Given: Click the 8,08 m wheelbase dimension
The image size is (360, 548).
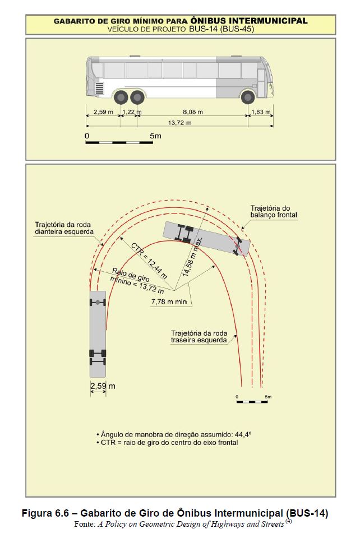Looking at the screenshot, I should (193, 112).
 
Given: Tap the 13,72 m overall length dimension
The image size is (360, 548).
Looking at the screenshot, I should (179, 123).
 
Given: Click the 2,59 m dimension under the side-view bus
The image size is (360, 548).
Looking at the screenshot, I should (103, 112).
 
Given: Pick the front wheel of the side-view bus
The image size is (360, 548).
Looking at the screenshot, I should (248, 97).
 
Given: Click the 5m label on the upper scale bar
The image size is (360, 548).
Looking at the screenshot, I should (155, 136).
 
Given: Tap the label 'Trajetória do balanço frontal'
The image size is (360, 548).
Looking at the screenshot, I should (273, 211).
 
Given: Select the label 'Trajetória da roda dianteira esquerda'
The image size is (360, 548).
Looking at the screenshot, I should (64, 227).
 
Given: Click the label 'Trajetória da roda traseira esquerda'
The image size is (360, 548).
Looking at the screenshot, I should (199, 336).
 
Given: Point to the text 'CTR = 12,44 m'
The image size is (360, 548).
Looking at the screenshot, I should (149, 261).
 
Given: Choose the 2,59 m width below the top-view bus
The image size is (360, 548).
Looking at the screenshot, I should (103, 386).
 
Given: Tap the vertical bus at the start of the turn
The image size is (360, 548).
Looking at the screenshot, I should (98, 334).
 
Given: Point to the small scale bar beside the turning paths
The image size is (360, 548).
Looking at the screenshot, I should (252, 402).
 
